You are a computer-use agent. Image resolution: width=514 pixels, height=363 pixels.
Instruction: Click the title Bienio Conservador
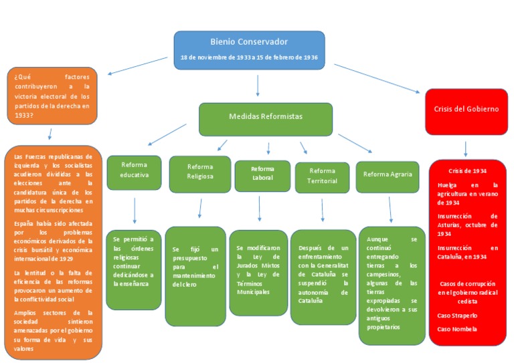(x=249, y=41)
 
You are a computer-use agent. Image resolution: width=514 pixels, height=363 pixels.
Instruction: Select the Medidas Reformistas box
(x=265, y=117)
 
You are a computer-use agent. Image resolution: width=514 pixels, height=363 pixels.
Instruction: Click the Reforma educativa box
(x=134, y=171)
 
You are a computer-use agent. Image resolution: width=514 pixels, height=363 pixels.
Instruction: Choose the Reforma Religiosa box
(x=200, y=172)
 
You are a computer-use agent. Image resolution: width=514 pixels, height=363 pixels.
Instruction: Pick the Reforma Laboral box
(x=262, y=174)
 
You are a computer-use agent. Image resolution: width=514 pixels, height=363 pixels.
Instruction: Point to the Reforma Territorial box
(x=322, y=176)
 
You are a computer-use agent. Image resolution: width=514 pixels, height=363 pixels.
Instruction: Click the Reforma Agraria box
(x=387, y=175)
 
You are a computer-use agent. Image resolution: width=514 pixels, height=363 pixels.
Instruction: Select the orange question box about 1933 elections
(x=52, y=96)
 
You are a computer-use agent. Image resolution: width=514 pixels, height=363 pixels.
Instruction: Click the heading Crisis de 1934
(x=467, y=171)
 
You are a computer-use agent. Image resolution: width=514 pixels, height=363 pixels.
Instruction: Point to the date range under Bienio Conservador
(x=249, y=57)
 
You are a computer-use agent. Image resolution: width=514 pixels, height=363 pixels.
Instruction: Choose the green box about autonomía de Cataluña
(x=323, y=275)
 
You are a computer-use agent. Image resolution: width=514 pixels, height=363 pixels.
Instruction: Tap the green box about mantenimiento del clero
(x=195, y=275)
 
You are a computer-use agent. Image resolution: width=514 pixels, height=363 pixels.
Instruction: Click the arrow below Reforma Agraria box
(x=391, y=210)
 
